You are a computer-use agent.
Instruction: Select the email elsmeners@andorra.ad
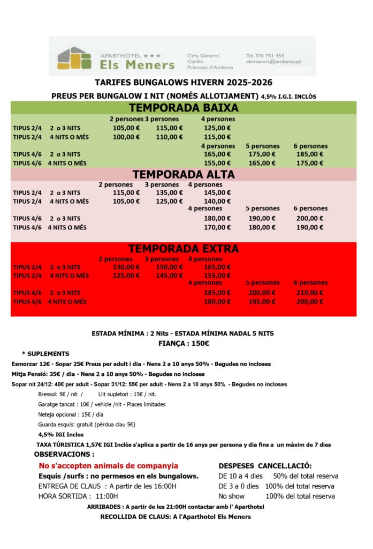(273, 62)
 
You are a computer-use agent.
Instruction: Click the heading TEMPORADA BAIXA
(184, 108)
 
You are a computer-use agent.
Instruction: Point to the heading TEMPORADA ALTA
(184, 174)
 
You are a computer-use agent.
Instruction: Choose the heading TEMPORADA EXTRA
(184, 249)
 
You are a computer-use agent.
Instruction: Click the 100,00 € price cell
(126, 137)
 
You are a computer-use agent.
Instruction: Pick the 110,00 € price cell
(169, 137)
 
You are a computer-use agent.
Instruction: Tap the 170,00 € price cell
(217, 227)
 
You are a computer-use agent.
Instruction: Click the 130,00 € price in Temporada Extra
(126, 267)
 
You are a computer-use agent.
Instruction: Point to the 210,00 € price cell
(310, 293)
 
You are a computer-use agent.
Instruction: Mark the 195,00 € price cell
(262, 301)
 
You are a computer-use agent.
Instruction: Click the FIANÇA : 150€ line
(184, 343)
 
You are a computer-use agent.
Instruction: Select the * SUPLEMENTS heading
(45, 354)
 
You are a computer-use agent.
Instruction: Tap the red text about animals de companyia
(108, 466)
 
